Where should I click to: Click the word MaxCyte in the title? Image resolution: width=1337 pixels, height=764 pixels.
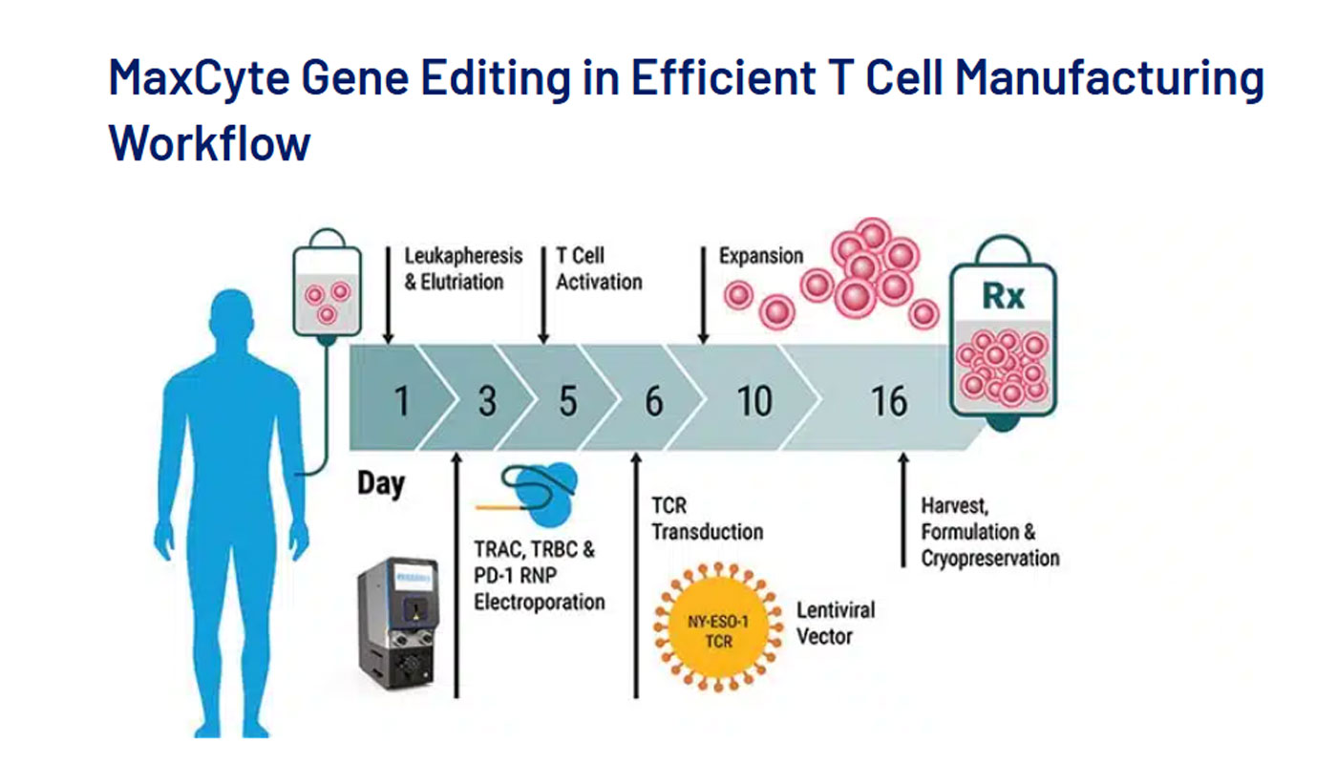[x=199, y=78]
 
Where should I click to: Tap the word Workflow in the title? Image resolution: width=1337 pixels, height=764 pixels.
[x=209, y=142]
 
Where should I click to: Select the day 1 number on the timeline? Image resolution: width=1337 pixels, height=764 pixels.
[x=402, y=400]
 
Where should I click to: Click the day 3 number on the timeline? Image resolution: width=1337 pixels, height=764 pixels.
[x=487, y=400]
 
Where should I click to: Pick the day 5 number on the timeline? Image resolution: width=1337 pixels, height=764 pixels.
[x=568, y=400]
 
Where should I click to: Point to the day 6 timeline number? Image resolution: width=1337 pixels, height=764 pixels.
[x=654, y=400]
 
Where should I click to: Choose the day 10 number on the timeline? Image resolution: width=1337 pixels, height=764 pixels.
[x=754, y=400]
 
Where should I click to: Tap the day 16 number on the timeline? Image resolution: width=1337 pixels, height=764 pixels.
[x=889, y=400]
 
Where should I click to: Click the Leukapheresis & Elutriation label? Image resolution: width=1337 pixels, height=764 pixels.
[x=463, y=268]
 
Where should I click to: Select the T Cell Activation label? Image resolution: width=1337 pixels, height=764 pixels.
[x=600, y=268]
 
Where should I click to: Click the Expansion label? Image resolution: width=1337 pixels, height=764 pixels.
[x=761, y=256]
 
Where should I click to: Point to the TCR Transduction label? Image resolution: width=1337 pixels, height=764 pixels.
[x=708, y=519]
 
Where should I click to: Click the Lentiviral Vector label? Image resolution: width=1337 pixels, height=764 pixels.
[x=836, y=623]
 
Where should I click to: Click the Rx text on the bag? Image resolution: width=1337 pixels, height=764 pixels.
[x=1004, y=296]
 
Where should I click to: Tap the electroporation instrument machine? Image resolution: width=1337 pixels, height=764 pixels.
[x=398, y=623]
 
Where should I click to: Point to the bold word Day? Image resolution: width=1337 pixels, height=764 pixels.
[x=381, y=484]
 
